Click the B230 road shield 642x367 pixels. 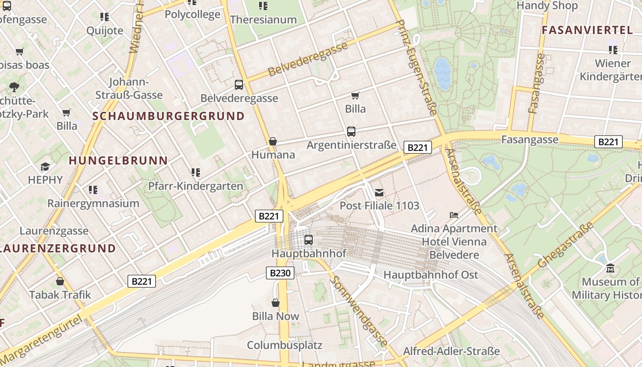click(x=280, y=273)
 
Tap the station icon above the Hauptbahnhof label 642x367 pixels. click(x=309, y=239)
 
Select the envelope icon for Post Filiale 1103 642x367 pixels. click(x=379, y=192)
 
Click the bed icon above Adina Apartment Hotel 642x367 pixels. click(x=454, y=215)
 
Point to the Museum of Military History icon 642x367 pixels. click(x=610, y=268)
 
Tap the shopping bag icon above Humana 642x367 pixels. click(x=273, y=141)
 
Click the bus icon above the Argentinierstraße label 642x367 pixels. click(x=351, y=132)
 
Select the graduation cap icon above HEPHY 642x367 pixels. click(x=45, y=167)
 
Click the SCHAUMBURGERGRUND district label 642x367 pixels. click(x=169, y=116)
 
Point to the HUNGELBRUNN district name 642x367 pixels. click(x=118, y=161)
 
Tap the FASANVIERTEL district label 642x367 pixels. click(x=587, y=30)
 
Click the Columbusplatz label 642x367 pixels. click(x=284, y=345)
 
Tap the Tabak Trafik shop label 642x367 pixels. click(x=60, y=295)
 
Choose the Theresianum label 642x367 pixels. click(x=263, y=20)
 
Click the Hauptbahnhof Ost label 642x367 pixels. click(x=431, y=275)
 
